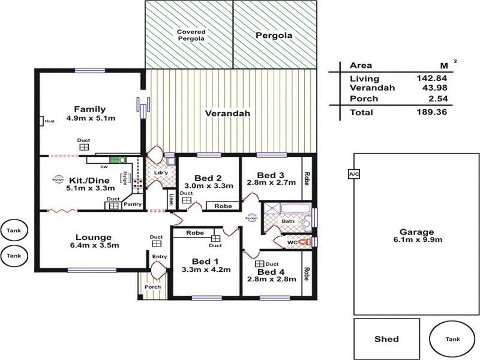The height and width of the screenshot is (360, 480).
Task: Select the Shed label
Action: point(386,339)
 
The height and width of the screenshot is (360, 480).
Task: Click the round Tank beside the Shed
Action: point(452,339)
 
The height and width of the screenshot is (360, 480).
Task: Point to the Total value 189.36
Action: point(435,112)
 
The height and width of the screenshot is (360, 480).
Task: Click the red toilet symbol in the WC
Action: point(308,242)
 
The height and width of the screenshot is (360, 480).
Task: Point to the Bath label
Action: point(288,221)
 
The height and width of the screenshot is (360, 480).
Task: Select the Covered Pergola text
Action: point(191,35)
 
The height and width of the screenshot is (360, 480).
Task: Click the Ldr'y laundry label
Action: point(160,173)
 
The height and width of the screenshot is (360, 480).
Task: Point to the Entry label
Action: point(159,257)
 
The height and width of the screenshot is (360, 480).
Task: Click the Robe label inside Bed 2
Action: point(223,206)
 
